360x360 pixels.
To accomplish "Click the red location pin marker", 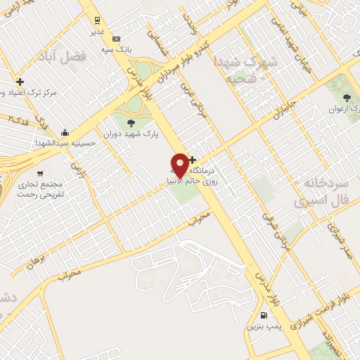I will [x=180, y=165].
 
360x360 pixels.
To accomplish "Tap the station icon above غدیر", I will [x=97, y=21].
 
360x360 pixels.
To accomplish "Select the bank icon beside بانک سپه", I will [x=116, y=39].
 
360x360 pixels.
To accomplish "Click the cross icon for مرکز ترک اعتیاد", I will [x=20, y=82].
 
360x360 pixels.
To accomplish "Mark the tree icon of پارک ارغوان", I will [x=345, y=98].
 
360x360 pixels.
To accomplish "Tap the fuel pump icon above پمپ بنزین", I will [x=264, y=316].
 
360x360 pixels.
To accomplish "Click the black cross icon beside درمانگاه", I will [x=192, y=160].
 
